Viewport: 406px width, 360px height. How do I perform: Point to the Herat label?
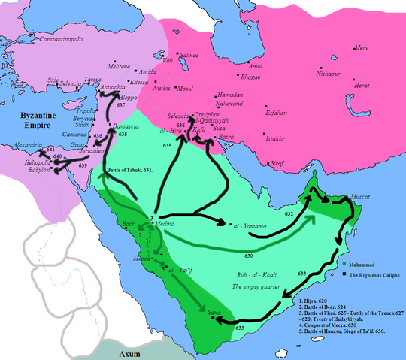tap(362, 85)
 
